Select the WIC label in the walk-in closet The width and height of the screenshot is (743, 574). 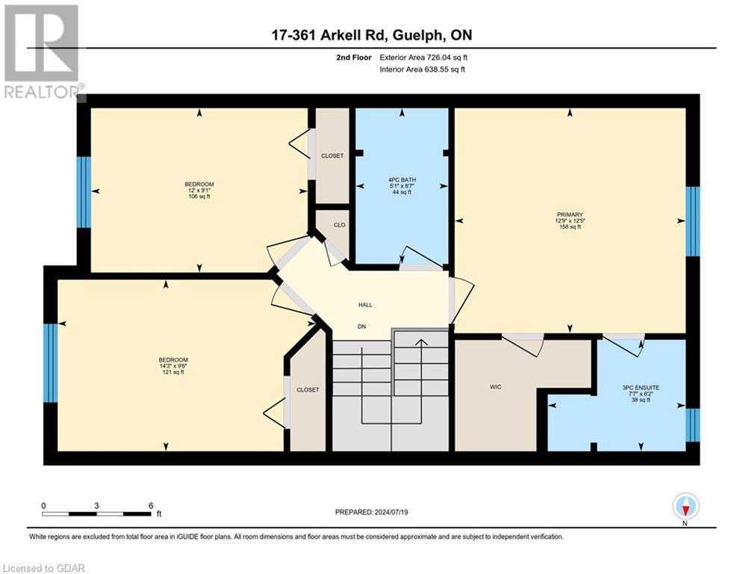[x=494, y=387]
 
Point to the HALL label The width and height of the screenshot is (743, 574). [x=365, y=305]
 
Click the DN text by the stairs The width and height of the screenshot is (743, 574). [x=362, y=327]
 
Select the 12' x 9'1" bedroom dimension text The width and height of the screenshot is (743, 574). [x=199, y=191]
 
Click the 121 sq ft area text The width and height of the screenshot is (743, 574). [x=173, y=372]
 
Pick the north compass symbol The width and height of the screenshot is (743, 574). [x=686, y=506]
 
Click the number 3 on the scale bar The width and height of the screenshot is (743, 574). [x=97, y=506]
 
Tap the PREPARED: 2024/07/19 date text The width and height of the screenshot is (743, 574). [x=373, y=512]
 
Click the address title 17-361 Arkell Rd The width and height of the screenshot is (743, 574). [x=370, y=35]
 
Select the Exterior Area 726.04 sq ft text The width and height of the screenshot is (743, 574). [x=423, y=57]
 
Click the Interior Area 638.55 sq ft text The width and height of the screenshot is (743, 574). [x=423, y=70]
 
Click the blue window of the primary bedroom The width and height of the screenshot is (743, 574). [x=693, y=221]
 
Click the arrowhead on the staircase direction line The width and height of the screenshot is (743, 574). [x=421, y=343]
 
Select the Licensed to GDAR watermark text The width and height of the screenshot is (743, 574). [x=44, y=568]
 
